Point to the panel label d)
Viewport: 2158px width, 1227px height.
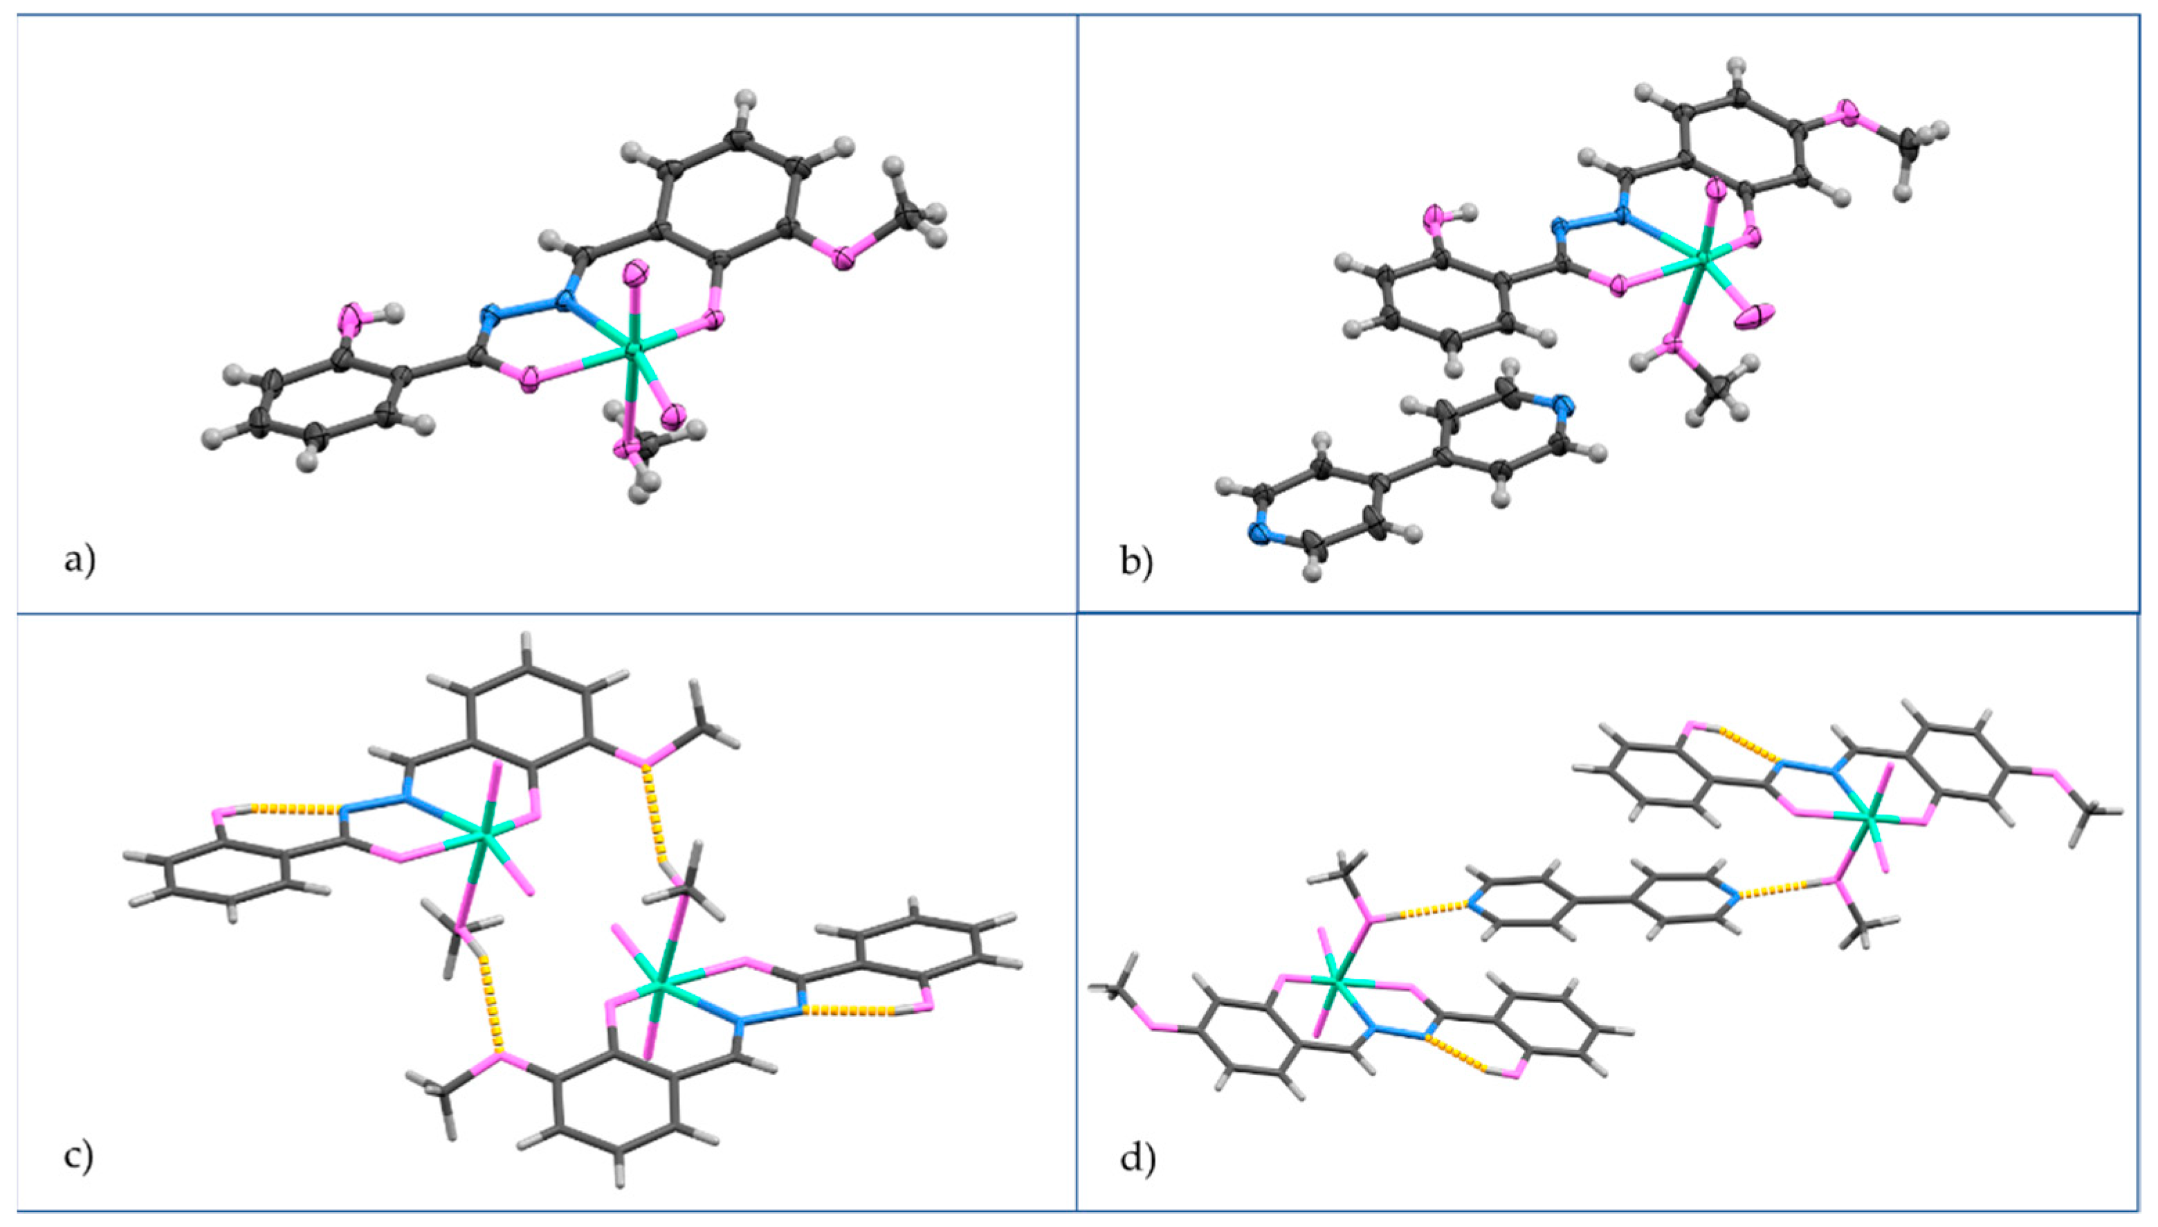click(1138, 1158)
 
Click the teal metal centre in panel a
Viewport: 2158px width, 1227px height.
click(633, 346)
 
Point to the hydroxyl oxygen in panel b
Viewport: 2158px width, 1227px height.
click(1434, 221)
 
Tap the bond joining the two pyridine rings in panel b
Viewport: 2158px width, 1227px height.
click(1411, 472)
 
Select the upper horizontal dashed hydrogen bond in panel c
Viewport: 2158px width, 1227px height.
click(295, 810)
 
